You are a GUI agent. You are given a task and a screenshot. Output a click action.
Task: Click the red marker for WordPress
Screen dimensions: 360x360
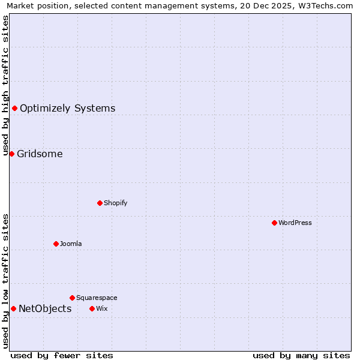tap(274, 223)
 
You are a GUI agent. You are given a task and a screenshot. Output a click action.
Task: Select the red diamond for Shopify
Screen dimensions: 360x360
tap(100, 203)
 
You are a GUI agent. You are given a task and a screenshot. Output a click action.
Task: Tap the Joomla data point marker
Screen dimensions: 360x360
tap(56, 244)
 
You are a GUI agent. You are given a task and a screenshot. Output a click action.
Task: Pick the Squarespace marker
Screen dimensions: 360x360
tap(72, 298)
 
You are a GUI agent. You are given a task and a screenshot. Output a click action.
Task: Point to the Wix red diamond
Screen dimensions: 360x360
tap(92, 308)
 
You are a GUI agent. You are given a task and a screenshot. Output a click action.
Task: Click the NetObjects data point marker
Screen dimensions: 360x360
tap(13, 308)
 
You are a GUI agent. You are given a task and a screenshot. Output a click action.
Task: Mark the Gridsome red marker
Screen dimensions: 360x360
tap(11, 154)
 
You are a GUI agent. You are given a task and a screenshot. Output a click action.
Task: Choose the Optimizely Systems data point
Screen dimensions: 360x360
tap(14, 108)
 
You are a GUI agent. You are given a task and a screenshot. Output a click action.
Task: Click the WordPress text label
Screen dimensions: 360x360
tap(295, 223)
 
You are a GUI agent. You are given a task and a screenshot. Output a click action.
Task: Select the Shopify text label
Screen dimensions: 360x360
tap(116, 203)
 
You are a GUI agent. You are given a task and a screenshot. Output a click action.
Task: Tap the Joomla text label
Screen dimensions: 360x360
tap(71, 244)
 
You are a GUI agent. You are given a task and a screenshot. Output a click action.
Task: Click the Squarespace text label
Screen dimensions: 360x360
tap(97, 298)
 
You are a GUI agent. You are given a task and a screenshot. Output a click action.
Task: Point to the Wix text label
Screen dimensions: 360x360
tap(101, 308)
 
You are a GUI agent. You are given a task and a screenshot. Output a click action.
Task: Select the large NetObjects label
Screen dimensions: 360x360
tap(45, 308)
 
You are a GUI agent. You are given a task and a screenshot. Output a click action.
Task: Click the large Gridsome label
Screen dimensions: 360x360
tap(40, 154)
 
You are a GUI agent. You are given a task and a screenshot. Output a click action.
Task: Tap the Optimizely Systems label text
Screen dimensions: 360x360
tap(67, 108)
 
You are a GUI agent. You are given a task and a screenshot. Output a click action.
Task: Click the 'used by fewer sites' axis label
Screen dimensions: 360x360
tap(62, 355)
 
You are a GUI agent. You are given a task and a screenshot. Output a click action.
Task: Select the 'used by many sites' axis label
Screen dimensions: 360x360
tap(301, 355)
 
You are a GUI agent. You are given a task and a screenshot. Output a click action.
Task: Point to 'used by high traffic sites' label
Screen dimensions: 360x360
tap(5, 85)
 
